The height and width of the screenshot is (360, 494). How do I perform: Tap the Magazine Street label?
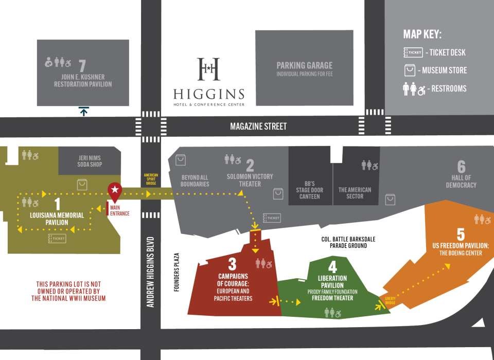pos(258,126)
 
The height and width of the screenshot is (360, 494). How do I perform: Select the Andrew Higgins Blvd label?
pos(150,272)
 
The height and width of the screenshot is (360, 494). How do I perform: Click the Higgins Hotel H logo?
pos(209,69)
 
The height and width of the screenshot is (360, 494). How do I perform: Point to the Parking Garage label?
pos(304,65)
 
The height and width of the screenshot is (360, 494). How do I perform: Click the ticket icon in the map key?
pos(413,52)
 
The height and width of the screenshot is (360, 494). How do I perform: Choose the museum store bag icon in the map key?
pos(410,70)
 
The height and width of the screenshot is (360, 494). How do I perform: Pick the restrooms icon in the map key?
pos(414,88)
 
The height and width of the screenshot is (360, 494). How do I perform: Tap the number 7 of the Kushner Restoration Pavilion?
pos(82,65)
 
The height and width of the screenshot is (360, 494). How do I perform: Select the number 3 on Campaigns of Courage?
pos(232,264)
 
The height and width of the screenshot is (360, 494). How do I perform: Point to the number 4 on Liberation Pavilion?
pos(333,267)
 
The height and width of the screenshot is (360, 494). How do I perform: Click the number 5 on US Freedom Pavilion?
pos(461,234)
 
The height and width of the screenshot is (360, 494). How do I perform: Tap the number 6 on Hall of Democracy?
pos(461,166)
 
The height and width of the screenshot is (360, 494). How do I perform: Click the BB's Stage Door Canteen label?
pos(309,190)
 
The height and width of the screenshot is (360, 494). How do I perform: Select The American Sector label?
pos(355,193)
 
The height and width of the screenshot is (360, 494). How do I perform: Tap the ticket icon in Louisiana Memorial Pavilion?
pos(57,238)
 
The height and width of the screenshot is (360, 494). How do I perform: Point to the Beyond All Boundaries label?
pos(195,181)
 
